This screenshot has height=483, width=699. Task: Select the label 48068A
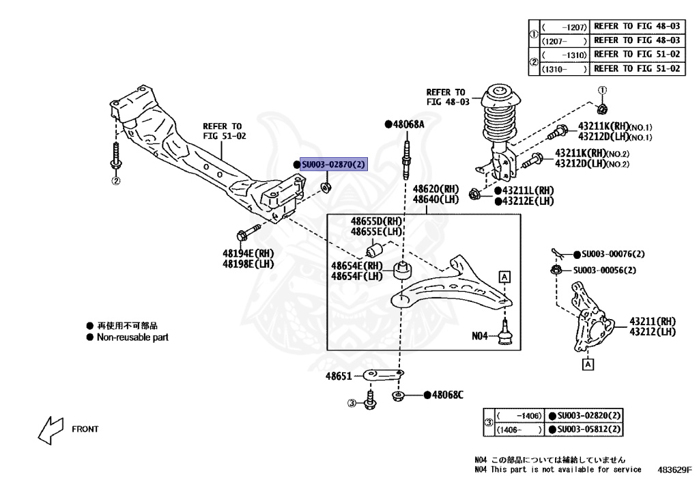pos(408,124)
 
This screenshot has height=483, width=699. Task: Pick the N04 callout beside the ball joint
pos(481,335)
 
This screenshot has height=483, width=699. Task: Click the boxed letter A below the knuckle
pos(586,365)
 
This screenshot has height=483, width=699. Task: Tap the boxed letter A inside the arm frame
pos(504,277)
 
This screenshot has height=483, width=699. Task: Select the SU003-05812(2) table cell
pos(588,429)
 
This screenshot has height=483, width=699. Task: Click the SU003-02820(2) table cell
pos(588,415)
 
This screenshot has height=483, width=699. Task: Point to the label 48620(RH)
pos(436,189)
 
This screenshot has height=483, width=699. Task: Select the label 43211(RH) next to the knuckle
pos(652,321)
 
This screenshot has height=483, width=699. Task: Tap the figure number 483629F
pos(674,470)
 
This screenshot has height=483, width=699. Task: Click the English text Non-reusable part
pos(132,337)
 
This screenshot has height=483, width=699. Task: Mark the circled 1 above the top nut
pos(602,90)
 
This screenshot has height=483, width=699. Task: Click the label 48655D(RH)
pos(377,221)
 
